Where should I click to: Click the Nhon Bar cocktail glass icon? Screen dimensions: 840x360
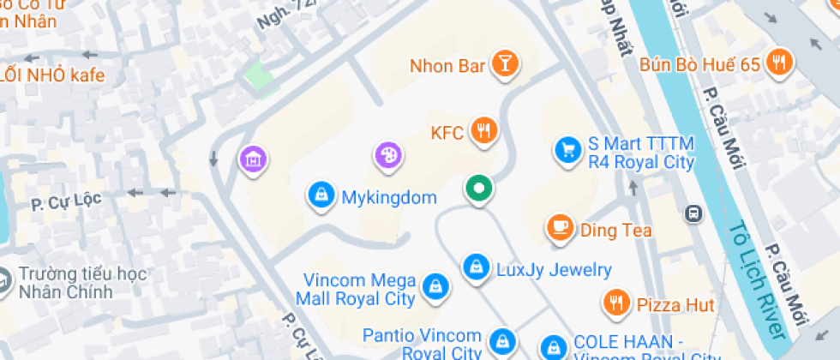506,65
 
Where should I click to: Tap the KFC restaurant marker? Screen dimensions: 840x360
484,132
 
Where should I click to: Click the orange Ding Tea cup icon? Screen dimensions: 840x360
561,229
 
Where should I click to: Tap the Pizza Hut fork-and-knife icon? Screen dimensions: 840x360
615,303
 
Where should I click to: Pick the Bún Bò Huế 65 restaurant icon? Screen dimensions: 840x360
779,63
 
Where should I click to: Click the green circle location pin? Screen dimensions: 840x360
479,188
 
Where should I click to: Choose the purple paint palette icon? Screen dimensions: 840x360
387,156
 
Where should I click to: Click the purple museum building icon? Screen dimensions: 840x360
254,159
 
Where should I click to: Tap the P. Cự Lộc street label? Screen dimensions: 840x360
66,202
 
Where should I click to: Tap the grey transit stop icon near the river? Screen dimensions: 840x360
693,213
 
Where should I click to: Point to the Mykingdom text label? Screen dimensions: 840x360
389,198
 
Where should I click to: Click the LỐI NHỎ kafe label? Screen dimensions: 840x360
52,75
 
